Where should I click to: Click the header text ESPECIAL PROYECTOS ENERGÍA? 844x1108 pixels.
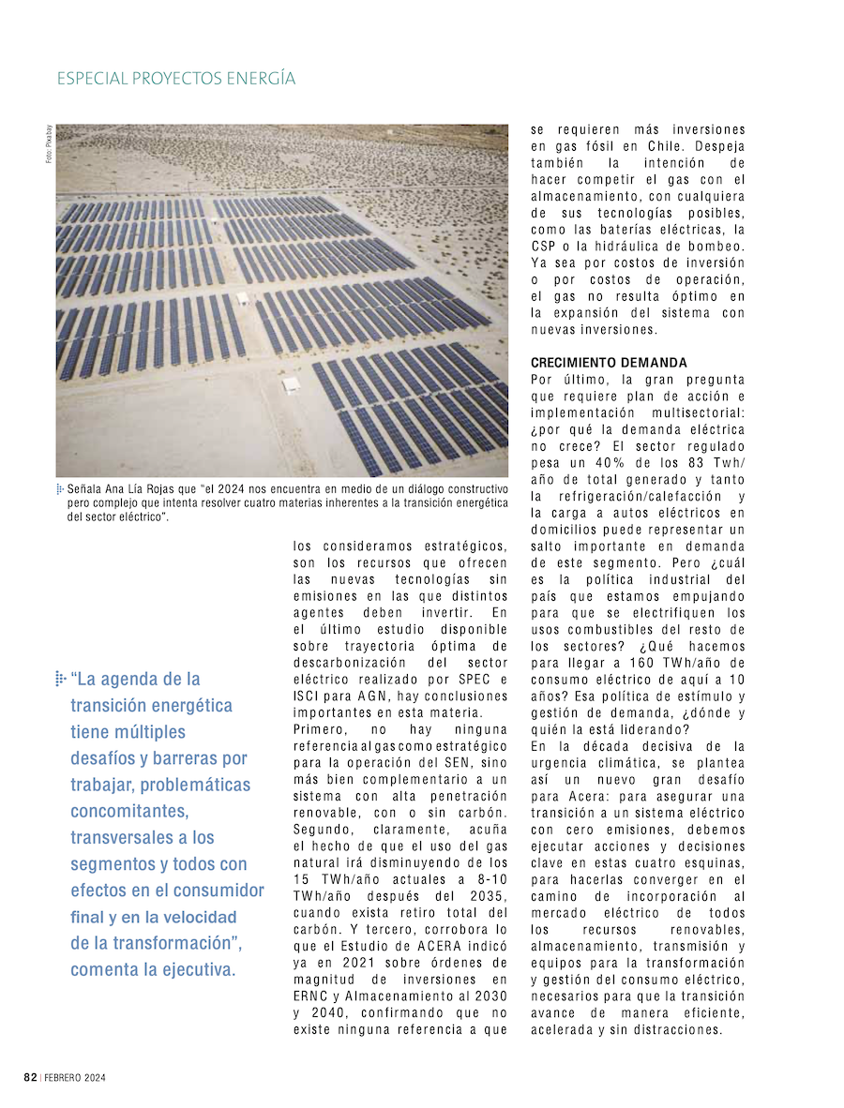point(176,79)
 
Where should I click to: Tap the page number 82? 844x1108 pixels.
point(30,1078)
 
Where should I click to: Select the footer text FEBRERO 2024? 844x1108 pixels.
point(75,1078)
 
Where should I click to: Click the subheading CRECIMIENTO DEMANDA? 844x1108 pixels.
point(609,363)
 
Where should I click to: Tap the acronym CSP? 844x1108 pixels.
point(545,246)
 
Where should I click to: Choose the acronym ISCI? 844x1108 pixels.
point(309,696)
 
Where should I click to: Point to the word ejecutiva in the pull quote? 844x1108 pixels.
point(198,969)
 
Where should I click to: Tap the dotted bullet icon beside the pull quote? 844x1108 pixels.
point(60,678)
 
